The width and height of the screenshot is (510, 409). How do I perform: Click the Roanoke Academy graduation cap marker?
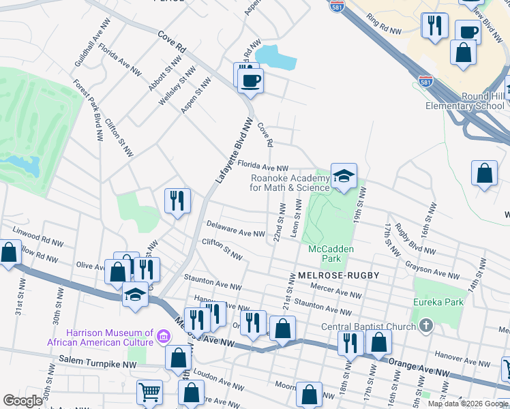pyautogui.click(x=344, y=177)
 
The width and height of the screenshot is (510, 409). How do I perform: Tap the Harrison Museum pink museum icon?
pyautogui.click(x=163, y=336)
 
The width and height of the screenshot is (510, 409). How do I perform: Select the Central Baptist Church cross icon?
pyautogui.click(x=427, y=325)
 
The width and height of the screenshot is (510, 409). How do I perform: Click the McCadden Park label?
pyautogui.click(x=331, y=254)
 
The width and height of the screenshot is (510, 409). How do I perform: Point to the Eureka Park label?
pyautogui.click(x=438, y=301)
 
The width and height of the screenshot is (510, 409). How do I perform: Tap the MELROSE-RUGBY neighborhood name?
pyautogui.click(x=337, y=275)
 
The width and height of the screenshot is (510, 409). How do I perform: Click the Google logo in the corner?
pyautogui.click(x=22, y=401)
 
